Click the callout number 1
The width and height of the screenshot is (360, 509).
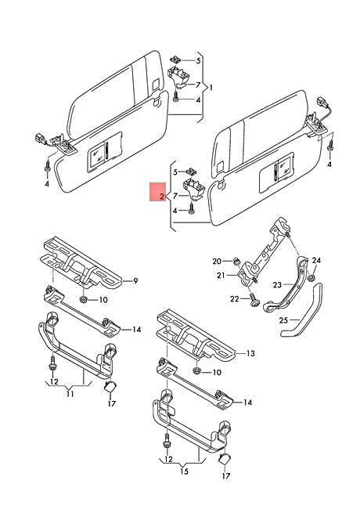click(211, 88)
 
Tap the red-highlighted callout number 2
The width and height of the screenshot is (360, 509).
click(162, 197)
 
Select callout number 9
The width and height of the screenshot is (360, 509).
click(135, 280)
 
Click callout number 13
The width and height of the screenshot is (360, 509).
click(250, 353)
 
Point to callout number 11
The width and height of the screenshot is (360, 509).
click(70, 394)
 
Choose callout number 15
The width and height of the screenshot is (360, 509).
click(184, 471)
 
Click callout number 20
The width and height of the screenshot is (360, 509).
click(217, 261)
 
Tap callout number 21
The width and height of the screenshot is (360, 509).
click(221, 276)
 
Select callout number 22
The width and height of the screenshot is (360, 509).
click(235, 298)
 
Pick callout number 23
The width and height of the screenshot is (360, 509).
click(277, 285)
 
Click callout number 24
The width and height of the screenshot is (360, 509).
click(316, 260)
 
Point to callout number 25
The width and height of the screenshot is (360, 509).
click(283, 320)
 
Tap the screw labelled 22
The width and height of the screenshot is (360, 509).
click(254, 300)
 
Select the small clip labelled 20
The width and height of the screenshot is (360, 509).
click(236, 260)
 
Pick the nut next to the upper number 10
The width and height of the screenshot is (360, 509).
click(83, 298)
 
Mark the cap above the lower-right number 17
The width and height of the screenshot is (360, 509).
click(224, 459)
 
